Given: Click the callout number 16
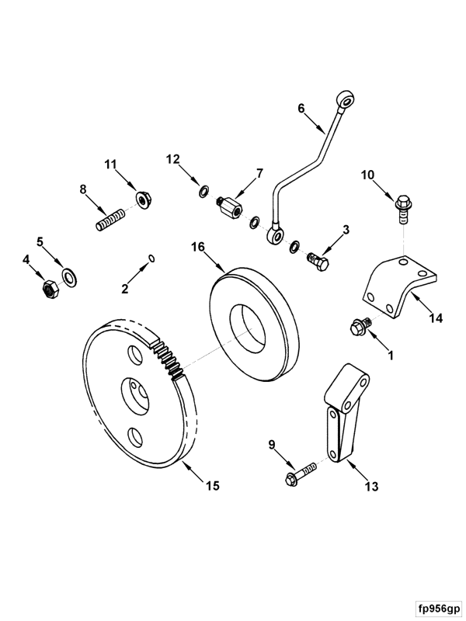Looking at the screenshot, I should coord(198,247).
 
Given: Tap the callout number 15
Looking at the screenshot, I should coord(212,486).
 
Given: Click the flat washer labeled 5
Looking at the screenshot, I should coord(69,276).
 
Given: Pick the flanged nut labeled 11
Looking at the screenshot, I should coord(142,199).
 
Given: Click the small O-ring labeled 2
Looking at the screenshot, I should coord(152,257).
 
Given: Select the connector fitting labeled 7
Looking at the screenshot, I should coord(229,206).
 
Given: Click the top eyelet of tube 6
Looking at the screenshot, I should coord(346,99).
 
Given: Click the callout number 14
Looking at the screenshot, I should coord(436,317).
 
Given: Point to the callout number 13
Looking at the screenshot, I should coord(371,487).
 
